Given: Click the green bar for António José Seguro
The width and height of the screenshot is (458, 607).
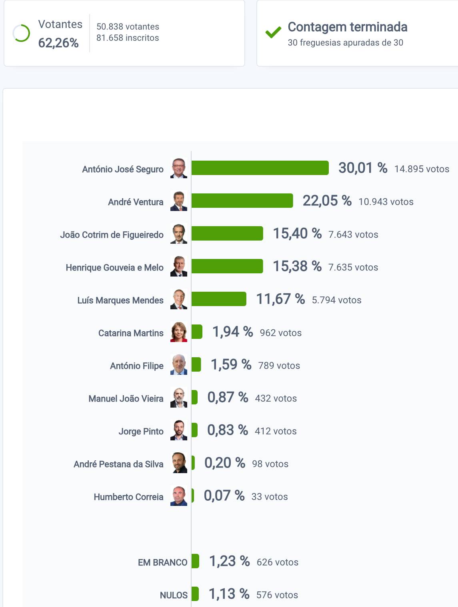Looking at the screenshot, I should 260,168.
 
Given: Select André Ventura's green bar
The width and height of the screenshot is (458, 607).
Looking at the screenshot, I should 242,201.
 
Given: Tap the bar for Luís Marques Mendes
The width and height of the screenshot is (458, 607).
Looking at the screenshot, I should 219,299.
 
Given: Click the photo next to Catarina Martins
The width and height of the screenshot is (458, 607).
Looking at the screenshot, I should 179,332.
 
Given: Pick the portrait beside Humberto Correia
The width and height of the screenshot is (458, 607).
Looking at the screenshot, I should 179,496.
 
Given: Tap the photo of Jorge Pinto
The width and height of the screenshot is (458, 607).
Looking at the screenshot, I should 179,430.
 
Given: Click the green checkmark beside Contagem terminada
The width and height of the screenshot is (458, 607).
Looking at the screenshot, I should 273,32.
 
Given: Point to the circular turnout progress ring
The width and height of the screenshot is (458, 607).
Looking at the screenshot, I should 21,33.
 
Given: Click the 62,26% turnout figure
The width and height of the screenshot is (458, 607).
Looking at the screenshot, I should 58,43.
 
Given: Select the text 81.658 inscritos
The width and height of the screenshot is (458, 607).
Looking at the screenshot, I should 128,38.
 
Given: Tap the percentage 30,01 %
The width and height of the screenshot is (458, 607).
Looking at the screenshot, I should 363,168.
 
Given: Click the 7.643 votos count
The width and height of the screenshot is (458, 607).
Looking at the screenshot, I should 353,235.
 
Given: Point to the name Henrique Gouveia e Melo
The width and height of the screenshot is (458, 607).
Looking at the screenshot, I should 114,268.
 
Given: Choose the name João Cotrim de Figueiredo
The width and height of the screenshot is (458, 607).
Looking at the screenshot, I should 112,235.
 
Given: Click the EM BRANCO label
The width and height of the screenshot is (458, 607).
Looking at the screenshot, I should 162,563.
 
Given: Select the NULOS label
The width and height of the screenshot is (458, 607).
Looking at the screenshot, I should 174,595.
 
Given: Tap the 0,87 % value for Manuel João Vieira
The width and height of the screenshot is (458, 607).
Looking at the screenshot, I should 228,398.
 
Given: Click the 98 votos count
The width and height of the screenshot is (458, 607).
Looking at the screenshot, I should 270,464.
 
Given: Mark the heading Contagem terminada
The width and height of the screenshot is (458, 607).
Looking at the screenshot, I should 348,27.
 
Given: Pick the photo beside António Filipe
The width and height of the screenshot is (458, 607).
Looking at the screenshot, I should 179,365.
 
